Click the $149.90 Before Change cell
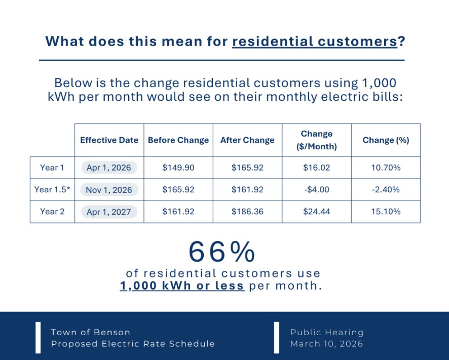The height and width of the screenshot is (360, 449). pyautogui.click(x=178, y=168)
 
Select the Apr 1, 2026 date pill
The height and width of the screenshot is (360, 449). pyautogui.click(x=109, y=168)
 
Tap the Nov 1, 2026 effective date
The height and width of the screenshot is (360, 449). pyautogui.click(x=109, y=190)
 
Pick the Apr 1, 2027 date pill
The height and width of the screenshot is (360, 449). pyautogui.click(x=109, y=212)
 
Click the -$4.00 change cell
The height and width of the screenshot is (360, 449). pyautogui.click(x=316, y=190)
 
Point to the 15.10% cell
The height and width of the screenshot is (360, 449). pyautogui.click(x=386, y=212)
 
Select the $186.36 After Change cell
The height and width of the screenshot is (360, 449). pyautogui.click(x=247, y=212)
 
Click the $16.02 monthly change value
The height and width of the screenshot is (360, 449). pyautogui.click(x=316, y=168)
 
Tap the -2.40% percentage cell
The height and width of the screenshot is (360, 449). pyautogui.click(x=386, y=190)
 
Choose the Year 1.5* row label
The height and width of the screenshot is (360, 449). pyautogui.click(x=52, y=190)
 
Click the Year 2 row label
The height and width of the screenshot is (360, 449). pyautogui.click(x=52, y=212)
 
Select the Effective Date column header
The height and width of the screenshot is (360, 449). pyautogui.click(x=109, y=140)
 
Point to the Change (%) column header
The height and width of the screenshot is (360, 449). pyautogui.click(x=386, y=140)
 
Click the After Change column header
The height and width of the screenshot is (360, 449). pyautogui.click(x=247, y=140)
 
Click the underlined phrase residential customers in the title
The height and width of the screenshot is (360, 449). pyautogui.click(x=314, y=42)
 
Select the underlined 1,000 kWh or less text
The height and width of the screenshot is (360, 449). pyautogui.click(x=182, y=286)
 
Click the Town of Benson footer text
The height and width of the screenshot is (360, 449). pyautogui.click(x=91, y=332)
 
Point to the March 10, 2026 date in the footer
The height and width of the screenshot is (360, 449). pyautogui.click(x=327, y=344)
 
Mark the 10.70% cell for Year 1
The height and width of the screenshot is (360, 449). pyautogui.click(x=386, y=168)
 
